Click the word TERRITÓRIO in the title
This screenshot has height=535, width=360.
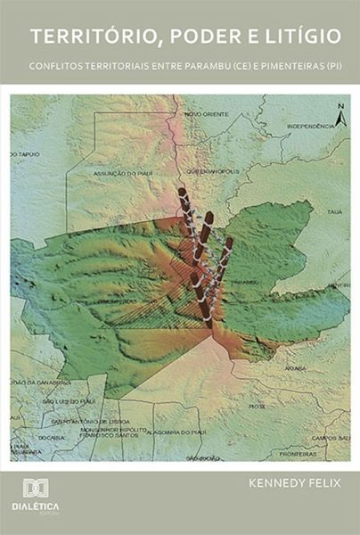(89, 37)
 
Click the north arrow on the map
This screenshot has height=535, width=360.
(340, 114)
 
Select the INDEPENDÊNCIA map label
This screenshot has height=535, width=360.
(310, 127)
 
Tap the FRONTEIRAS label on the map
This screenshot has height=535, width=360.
(297, 453)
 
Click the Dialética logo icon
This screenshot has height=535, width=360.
(36, 489)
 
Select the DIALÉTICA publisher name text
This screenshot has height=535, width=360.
(36, 506)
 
